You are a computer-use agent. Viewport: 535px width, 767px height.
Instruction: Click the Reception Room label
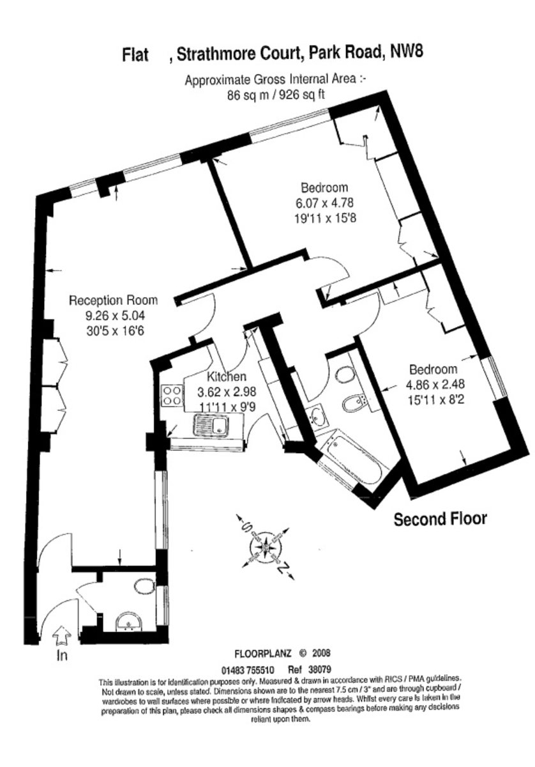coord(113,300)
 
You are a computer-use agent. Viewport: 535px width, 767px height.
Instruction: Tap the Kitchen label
coord(227,376)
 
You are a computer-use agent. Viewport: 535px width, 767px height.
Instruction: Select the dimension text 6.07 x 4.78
coord(324,203)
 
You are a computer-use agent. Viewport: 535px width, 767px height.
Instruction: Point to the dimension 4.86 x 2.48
coord(435,384)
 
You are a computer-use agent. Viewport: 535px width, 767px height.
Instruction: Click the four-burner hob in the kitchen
coord(172,396)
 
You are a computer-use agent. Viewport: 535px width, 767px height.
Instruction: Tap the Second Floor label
coord(441,519)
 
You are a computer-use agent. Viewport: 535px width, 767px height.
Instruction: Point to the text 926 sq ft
coord(302,95)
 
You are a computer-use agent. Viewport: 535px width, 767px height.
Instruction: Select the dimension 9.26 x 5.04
coord(113,315)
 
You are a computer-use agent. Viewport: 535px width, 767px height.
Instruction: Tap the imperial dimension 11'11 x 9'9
coord(227,407)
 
